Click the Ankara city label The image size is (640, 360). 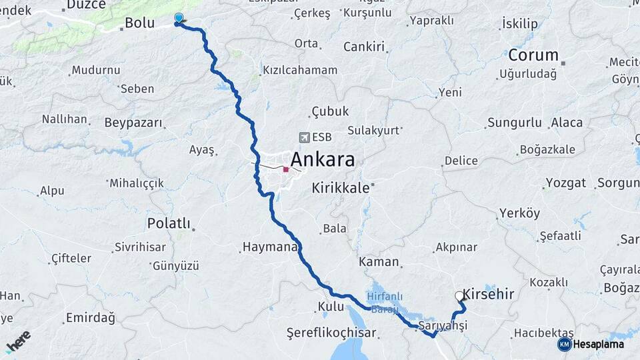click(323, 160)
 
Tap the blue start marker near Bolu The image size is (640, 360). click(179, 19)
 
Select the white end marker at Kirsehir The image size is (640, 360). click(459, 296)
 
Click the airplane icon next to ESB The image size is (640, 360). click(305, 137)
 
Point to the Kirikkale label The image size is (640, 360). click(340, 188)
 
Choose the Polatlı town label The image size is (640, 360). click(169, 223)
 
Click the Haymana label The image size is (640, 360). click(269, 247)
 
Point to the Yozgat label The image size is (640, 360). click(566, 183)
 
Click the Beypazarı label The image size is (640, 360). click(133, 123)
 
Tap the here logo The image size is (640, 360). click(18, 341)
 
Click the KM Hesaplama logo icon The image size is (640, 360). click(564, 344)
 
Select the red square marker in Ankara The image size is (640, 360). click(286, 169)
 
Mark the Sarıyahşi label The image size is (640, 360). click(443, 325)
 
